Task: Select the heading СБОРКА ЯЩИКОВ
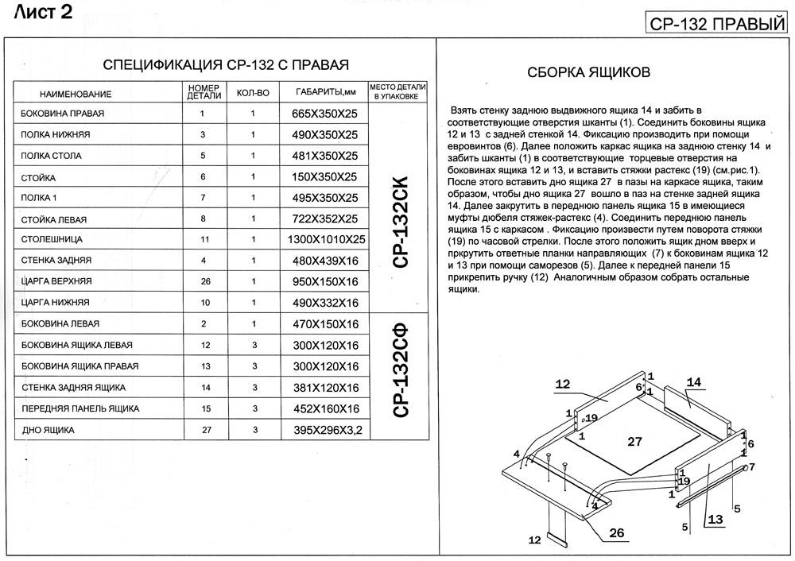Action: [x=589, y=72]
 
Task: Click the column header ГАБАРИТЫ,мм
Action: [x=320, y=92]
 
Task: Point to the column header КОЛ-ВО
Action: [x=253, y=93]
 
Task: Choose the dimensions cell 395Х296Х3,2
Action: [x=320, y=430]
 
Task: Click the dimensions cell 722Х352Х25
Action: [x=320, y=219]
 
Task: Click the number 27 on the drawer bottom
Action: [x=634, y=442]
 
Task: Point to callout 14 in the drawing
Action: [x=694, y=382]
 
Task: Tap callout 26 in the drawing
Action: [x=617, y=533]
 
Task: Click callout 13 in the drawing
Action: [x=715, y=520]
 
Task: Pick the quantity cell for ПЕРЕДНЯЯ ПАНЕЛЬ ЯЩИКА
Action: [x=253, y=408]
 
